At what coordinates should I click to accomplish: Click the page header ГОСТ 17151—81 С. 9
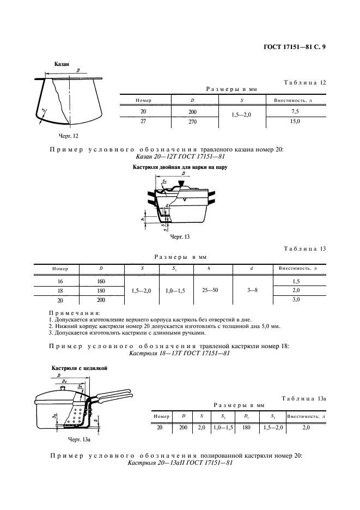pos(292,47)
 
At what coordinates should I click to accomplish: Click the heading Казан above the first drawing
pos(62,64)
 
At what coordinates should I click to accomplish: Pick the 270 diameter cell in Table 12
pos(193,122)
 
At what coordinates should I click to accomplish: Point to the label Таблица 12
pos(304,82)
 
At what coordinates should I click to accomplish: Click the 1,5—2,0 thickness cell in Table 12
pos(241,116)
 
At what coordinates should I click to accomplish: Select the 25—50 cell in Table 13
pos(209,290)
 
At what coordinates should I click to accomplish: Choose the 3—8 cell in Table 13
pos(252,290)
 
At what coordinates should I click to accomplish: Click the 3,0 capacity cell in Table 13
pos(296,300)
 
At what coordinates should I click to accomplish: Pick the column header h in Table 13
pos(209,268)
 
